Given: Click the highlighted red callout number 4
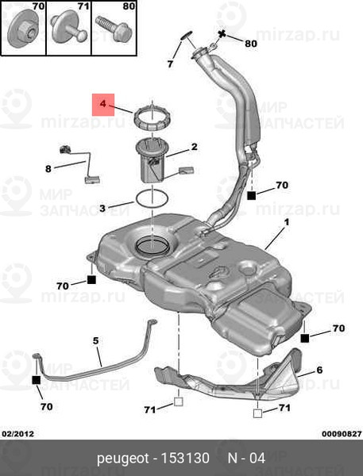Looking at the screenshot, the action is click(x=103, y=104).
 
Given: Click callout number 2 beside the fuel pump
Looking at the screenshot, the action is click(x=194, y=147).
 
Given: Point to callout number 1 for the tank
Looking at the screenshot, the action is click(x=287, y=222).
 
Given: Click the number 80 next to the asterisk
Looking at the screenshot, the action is click(x=251, y=44).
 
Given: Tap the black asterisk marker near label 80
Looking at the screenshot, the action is click(x=222, y=34).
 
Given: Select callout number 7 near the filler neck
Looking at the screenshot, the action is click(x=170, y=63).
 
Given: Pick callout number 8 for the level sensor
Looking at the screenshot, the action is click(x=48, y=169).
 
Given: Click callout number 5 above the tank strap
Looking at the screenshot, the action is click(x=96, y=341).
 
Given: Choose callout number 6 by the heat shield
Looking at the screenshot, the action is click(x=319, y=370).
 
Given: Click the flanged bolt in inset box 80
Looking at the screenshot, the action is click(x=113, y=29).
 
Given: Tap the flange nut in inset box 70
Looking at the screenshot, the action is click(x=22, y=28).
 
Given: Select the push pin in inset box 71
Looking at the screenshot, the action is click(x=69, y=28).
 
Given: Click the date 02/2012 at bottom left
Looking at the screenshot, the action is click(x=18, y=434).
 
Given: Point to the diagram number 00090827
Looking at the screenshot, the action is click(x=342, y=434).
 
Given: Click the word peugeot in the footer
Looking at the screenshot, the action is click(x=123, y=459).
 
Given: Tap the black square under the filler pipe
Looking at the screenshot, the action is click(x=252, y=195).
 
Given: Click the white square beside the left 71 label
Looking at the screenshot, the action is click(x=178, y=402).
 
